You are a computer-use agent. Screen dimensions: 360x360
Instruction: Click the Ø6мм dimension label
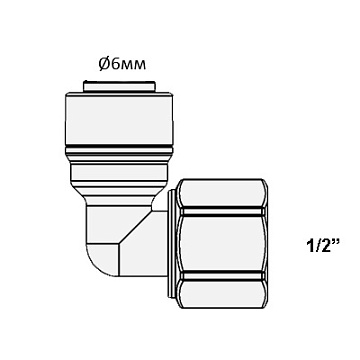[x=122, y=64]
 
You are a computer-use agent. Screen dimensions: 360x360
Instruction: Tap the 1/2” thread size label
[x=322, y=247]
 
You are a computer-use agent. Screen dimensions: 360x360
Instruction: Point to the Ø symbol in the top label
[x=104, y=64]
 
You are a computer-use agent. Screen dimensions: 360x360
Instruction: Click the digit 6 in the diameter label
[x=115, y=64]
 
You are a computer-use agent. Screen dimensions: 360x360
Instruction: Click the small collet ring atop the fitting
[x=119, y=86]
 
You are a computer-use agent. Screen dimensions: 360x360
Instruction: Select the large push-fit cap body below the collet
[x=119, y=119]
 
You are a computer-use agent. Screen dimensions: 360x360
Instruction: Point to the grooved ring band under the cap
[x=119, y=154]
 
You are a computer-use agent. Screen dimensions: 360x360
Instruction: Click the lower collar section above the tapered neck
[x=119, y=176]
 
